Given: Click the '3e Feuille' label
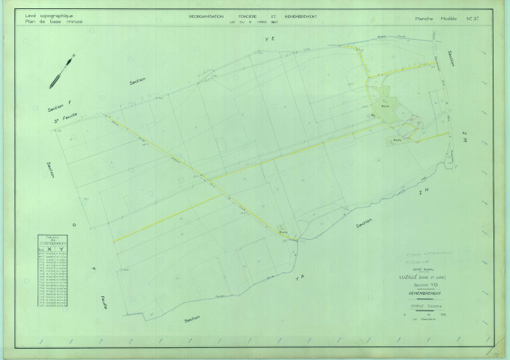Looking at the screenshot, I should click(x=67, y=120).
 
